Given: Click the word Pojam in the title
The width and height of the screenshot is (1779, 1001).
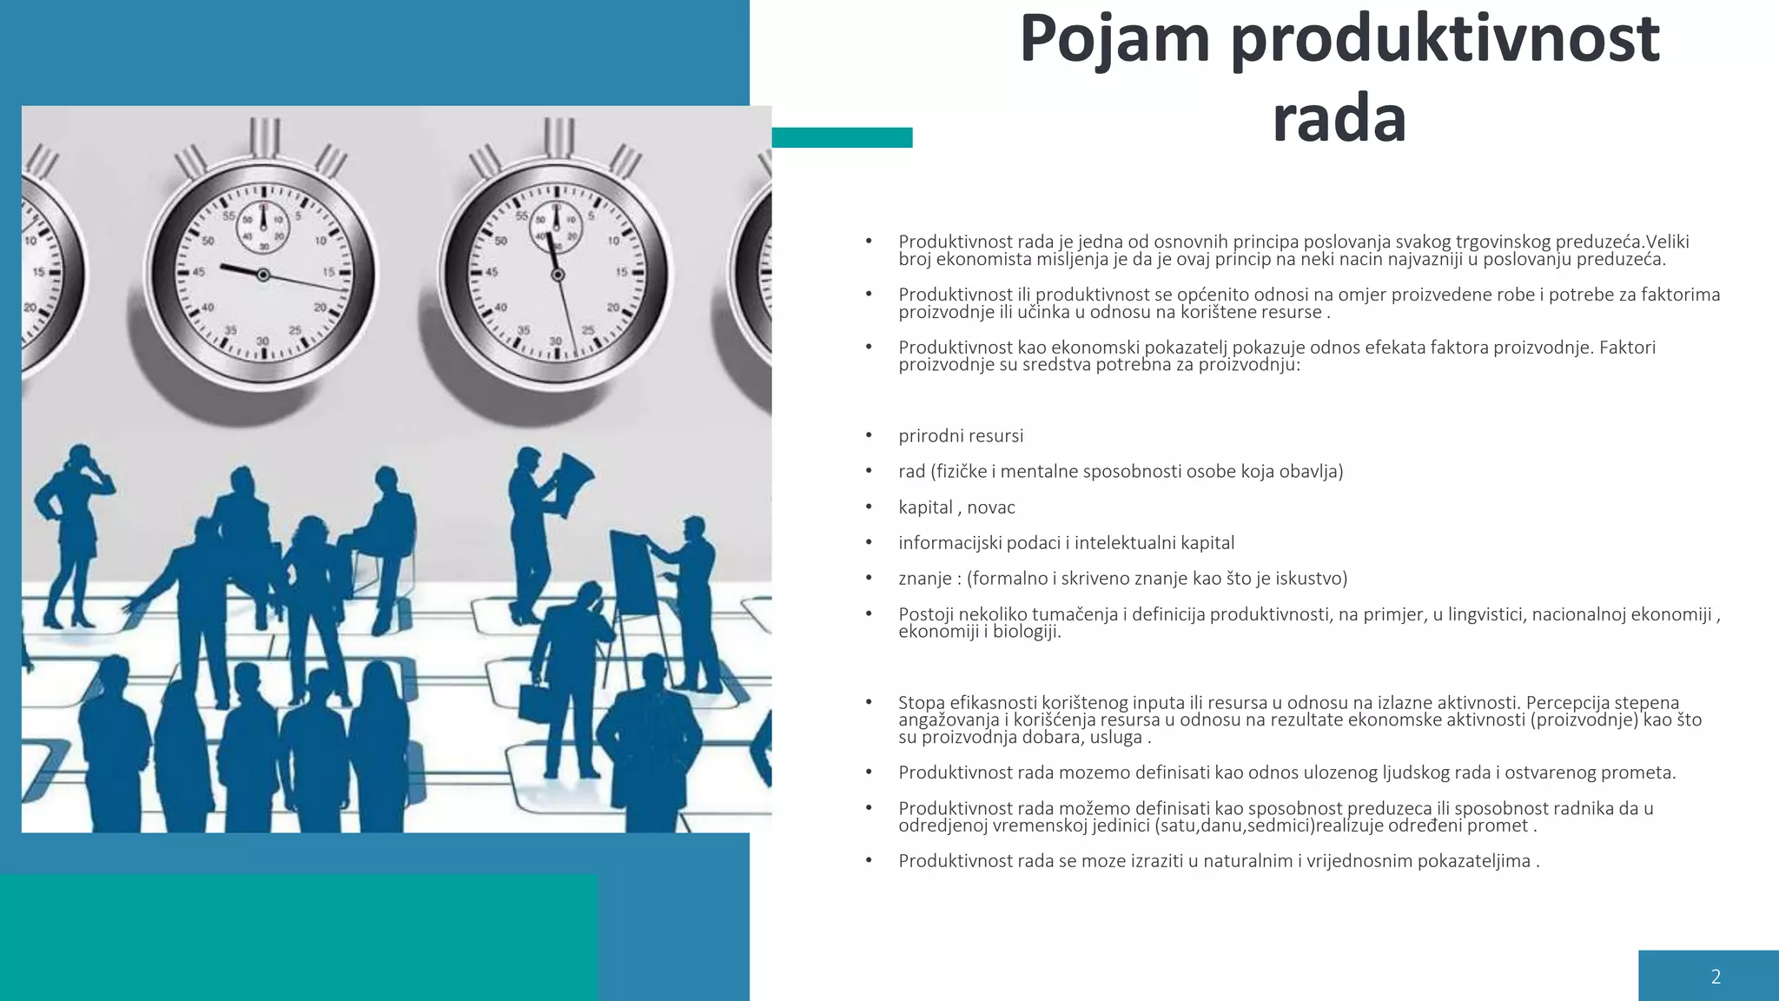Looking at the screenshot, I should tap(1114, 39).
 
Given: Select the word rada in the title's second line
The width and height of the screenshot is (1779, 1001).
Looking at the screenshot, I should tap(1339, 119).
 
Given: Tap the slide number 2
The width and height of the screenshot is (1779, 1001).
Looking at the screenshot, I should tap(1716, 977).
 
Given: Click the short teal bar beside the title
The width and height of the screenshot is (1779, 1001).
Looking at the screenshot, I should tap(842, 137).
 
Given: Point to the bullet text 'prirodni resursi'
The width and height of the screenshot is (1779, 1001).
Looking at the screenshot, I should tap(961, 436).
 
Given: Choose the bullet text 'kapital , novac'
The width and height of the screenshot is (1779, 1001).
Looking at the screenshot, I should tap(956, 507).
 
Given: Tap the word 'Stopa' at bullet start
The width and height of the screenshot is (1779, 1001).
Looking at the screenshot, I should tap(922, 703).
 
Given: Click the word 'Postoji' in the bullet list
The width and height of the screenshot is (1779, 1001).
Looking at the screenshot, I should tap(926, 614).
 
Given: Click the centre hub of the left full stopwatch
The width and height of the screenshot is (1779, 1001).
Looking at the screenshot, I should tap(262, 275).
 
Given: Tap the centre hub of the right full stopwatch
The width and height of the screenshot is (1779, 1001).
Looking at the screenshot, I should tap(558, 275).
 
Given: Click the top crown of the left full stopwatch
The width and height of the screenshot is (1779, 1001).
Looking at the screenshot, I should tap(264, 137).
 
